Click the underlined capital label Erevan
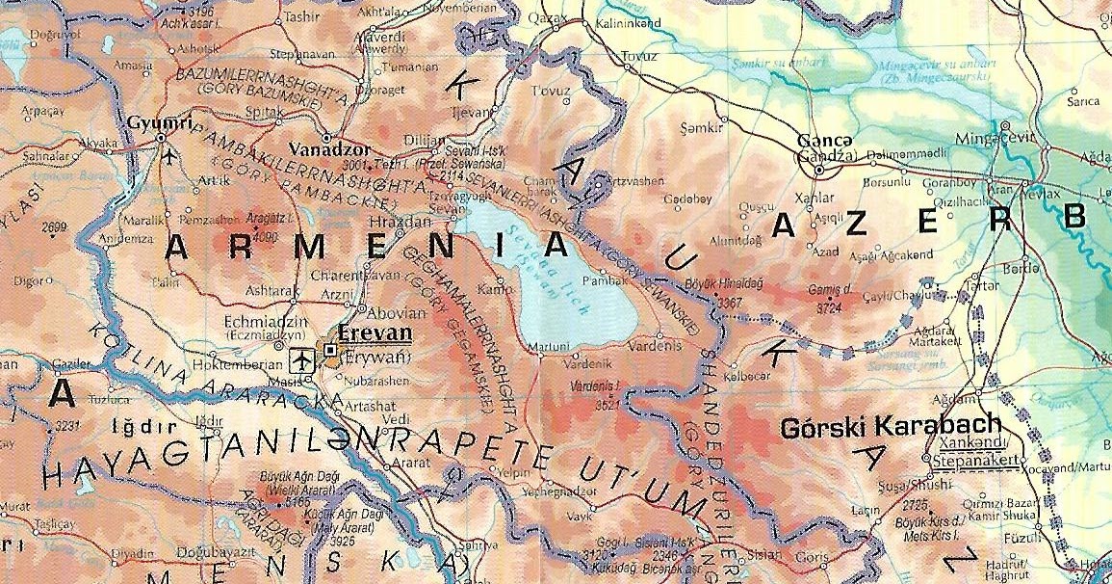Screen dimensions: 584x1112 point(375,334)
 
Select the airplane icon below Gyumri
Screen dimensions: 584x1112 point(170,155)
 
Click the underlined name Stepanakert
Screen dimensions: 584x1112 point(970,460)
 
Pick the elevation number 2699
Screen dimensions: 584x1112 point(56,226)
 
